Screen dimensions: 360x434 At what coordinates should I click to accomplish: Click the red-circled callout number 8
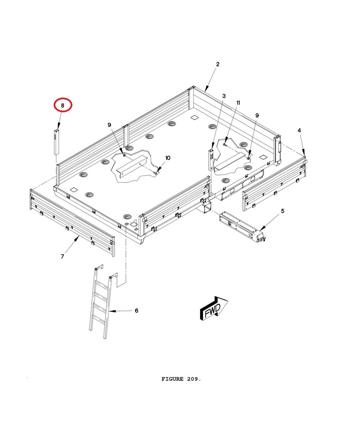(63, 105)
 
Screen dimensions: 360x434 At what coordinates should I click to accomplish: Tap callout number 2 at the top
(218, 64)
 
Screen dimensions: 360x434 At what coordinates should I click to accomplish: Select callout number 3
(224, 96)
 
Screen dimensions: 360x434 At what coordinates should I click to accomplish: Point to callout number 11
(238, 103)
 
